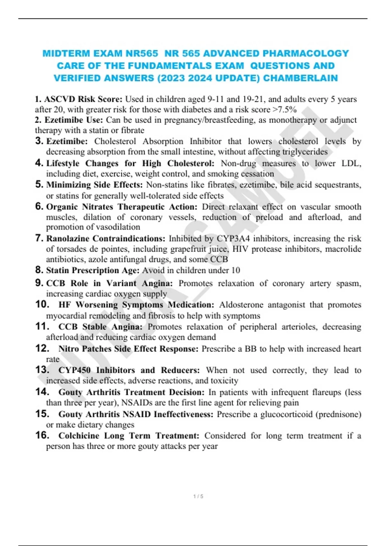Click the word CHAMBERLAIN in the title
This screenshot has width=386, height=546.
click(x=300, y=78)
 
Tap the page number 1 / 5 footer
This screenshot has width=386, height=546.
click(x=198, y=496)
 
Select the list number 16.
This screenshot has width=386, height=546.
click(x=42, y=435)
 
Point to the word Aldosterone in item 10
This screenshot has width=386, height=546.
click(x=241, y=304)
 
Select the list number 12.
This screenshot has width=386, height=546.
click(x=42, y=348)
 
